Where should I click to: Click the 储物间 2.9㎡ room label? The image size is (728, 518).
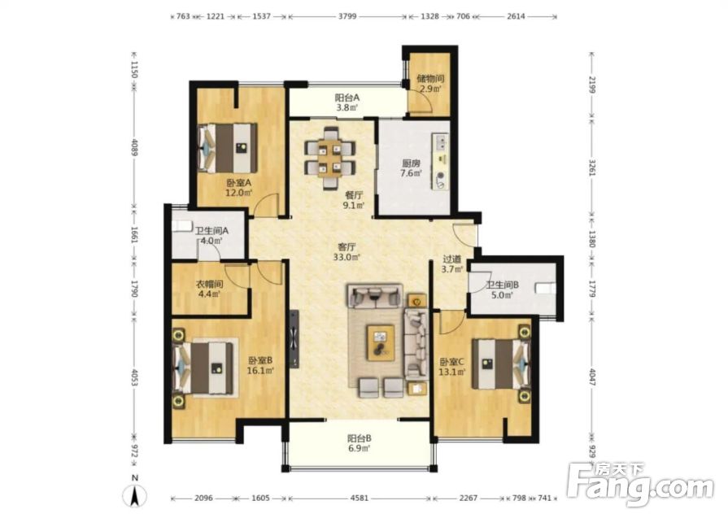(x=430, y=84)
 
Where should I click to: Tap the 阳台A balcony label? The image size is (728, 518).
(x=347, y=98)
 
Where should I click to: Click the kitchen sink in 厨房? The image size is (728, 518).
(x=441, y=141)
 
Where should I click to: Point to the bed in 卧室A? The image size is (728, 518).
(x=228, y=148)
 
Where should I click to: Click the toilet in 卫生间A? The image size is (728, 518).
(x=181, y=226)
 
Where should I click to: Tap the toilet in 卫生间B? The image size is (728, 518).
(x=545, y=288)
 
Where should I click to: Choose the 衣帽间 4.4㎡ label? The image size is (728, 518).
(x=209, y=288)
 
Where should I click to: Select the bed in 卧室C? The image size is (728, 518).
(x=500, y=363)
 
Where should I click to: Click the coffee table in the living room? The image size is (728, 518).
(x=381, y=342)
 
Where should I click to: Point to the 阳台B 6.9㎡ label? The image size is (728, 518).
(x=359, y=443)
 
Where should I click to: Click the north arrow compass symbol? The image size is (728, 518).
(x=135, y=494)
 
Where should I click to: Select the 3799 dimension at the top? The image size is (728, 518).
(x=347, y=16)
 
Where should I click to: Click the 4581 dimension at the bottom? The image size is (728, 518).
(x=359, y=498)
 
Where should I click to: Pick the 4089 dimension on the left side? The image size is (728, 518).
(x=135, y=147)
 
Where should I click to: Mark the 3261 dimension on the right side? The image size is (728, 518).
(x=591, y=167)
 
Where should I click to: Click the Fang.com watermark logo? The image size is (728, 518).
(x=641, y=485)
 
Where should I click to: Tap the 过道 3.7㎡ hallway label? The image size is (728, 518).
(x=451, y=264)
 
